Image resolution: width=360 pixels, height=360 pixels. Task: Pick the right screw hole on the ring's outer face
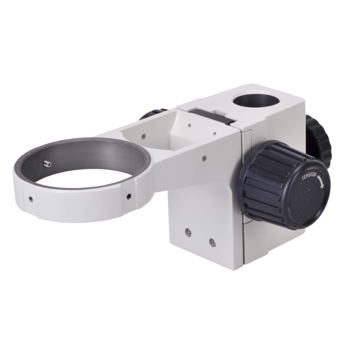(x=127, y=196)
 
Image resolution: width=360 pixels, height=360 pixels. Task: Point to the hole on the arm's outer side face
(x=205, y=159)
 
